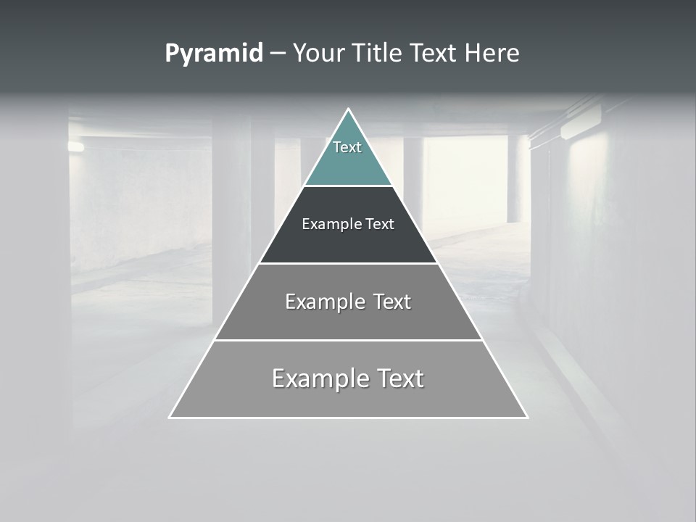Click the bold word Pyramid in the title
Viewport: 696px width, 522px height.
[214, 54]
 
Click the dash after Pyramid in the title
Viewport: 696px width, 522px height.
[278, 54]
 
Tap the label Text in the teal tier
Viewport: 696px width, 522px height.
[347, 147]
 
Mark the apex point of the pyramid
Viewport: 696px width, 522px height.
[348, 109]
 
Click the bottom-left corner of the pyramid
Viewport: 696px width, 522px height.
[170, 417]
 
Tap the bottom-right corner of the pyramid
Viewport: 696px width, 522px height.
[526, 417]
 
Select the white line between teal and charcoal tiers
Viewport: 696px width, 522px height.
[348, 186]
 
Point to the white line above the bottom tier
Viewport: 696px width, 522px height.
[348, 340]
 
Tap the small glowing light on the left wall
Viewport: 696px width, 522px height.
[75, 146]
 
